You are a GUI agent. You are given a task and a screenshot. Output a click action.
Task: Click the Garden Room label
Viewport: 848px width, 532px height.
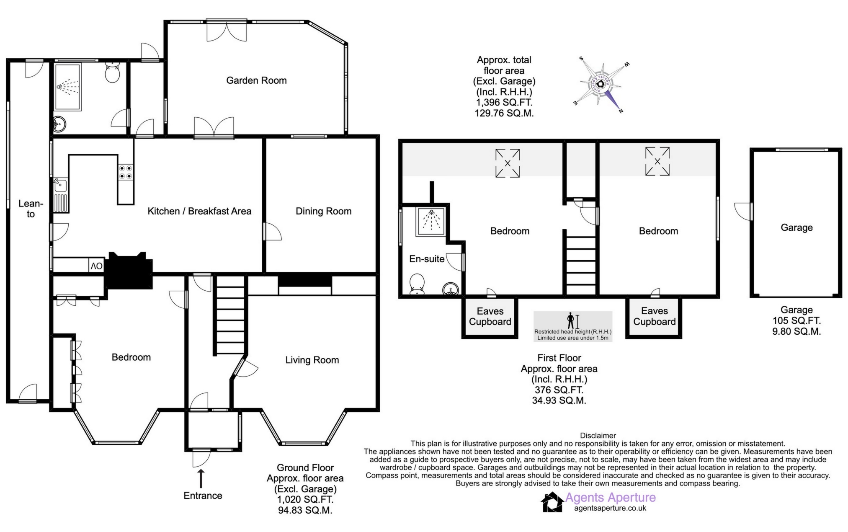pyautogui.click(x=256, y=80)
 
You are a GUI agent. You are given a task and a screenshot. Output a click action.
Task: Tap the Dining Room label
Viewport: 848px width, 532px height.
pyautogui.click(x=323, y=211)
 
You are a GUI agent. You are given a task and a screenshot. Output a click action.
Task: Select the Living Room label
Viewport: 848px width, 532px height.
pyautogui.click(x=312, y=360)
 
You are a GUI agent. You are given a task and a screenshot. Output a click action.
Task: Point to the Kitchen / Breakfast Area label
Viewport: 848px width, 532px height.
pyautogui.click(x=199, y=211)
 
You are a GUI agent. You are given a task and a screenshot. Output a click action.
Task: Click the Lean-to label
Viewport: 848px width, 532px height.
pyautogui.click(x=31, y=209)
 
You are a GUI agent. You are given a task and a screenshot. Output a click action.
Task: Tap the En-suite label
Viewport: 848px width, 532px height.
pyautogui.click(x=427, y=259)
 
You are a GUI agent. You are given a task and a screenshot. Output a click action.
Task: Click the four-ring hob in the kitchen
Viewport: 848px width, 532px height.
pyautogui.click(x=126, y=172)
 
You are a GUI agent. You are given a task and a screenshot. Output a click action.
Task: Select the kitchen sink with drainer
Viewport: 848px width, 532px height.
pyautogui.click(x=61, y=195)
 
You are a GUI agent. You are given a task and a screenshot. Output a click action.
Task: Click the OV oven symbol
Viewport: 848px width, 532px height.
pyautogui.click(x=96, y=266)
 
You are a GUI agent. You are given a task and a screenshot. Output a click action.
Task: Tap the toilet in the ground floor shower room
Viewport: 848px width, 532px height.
pyautogui.click(x=112, y=72)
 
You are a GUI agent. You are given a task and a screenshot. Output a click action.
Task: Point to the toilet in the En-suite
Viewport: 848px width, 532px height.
pyautogui.click(x=417, y=284)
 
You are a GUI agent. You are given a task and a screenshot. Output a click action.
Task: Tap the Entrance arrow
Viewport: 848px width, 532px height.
pyautogui.click(x=201, y=479)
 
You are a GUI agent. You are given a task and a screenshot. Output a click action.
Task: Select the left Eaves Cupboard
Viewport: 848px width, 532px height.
pyautogui.click(x=490, y=318)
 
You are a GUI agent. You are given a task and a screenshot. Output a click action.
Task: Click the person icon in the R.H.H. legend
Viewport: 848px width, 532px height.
pyautogui.click(x=570, y=321)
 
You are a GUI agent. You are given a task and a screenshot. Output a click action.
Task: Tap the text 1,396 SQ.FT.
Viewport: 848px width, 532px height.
pyautogui.click(x=504, y=103)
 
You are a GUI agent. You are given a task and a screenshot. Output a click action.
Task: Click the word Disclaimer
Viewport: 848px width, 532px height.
pyautogui.click(x=598, y=436)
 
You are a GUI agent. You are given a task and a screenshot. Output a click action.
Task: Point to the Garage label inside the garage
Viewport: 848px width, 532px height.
pyautogui.click(x=796, y=227)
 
